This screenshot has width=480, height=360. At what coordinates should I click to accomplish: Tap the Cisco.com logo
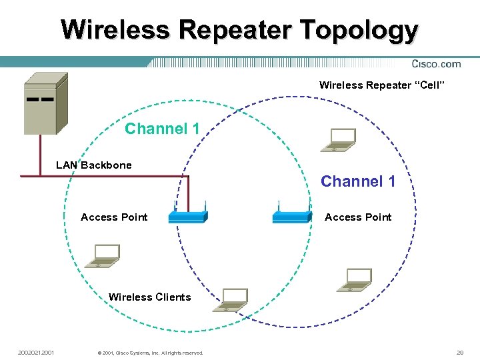[x=436, y=64]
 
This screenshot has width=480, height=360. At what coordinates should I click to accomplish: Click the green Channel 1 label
[x=162, y=129]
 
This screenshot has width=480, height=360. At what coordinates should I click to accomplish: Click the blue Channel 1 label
[x=358, y=181]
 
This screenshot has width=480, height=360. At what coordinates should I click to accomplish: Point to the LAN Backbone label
[x=93, y=165]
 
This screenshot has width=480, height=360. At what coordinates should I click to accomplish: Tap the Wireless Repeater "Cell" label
[x=381, y=85]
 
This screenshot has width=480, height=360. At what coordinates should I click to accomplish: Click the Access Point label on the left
[x=114, y=217]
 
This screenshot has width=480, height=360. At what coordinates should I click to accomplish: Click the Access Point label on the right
[x=358, y=217]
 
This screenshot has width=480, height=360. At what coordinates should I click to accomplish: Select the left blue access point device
[x=188, y=216]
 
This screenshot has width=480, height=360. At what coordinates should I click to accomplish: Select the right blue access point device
[x=292, y=216]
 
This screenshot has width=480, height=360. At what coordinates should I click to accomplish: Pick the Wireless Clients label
[x=149, y=297]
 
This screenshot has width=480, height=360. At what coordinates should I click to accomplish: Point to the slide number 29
[x=459, y=352]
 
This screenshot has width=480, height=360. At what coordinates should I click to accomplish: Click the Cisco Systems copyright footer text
[x=150, y=353]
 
